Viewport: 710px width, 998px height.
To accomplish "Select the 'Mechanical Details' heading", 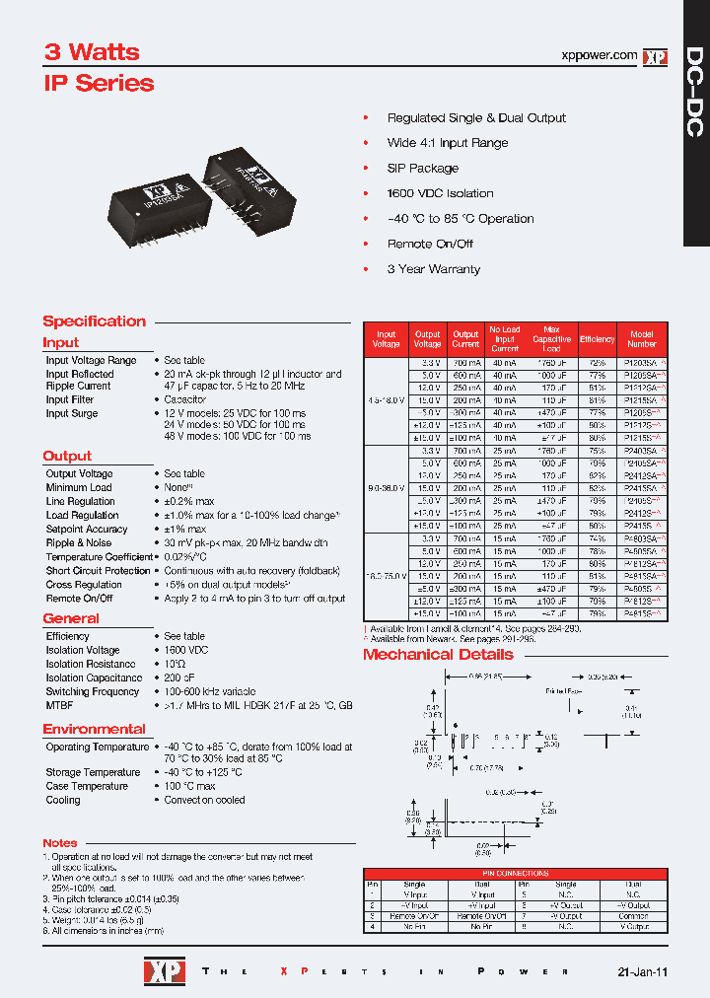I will (x=438, y=655).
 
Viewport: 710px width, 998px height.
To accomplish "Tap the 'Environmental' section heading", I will (x=94, y=729).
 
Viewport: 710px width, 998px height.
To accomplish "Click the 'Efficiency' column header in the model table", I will (x=597, y=339).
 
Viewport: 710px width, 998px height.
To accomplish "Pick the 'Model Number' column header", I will (x=642, y=339).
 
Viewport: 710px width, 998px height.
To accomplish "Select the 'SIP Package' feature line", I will (x=422, y=168).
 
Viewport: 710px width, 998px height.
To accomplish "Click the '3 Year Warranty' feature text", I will (x=433, y=269).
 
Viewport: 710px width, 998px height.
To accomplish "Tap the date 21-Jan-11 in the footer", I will (x=642, y=971).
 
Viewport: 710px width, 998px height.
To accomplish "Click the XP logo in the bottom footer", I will (x=160, y=970).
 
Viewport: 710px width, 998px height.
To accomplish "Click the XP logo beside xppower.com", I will (x=655, y=57).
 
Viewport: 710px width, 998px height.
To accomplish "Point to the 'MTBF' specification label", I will (x=59, y=706).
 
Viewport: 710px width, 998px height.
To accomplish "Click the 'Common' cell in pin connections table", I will (x=634, y=916).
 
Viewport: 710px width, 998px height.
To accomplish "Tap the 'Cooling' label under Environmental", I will (x=63, y=800).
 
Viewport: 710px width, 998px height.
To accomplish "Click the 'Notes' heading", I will (x=59, y=843).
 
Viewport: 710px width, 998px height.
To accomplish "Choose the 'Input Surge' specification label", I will (x=71, y=413).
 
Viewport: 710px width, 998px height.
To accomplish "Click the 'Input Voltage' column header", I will (x=387, y=339).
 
